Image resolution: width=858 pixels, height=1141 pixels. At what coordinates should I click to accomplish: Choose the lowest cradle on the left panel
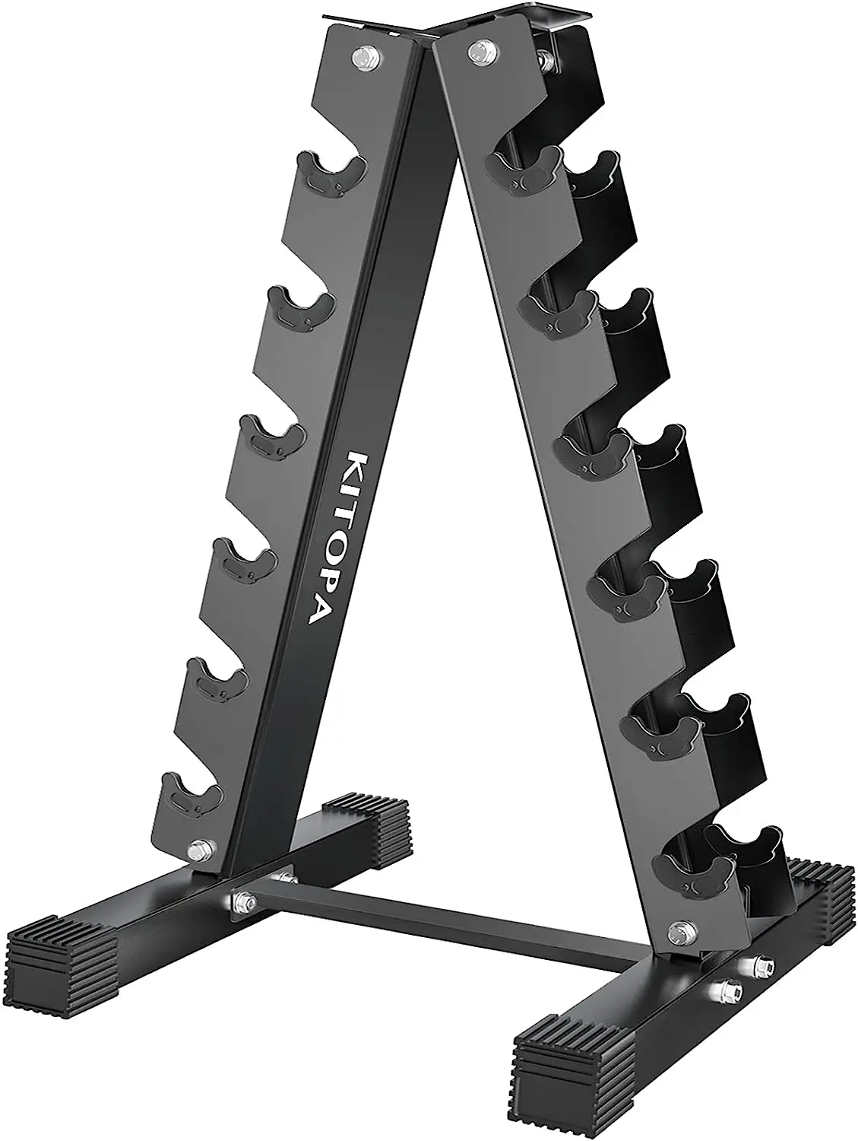(x=190, y=795)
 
